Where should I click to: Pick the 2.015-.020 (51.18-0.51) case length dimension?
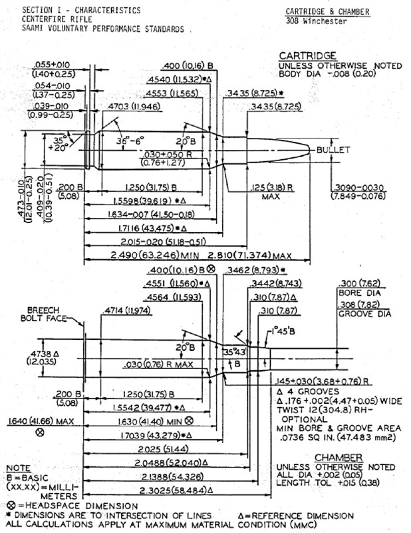point(153,241)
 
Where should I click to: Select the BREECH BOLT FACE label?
point(47,314)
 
